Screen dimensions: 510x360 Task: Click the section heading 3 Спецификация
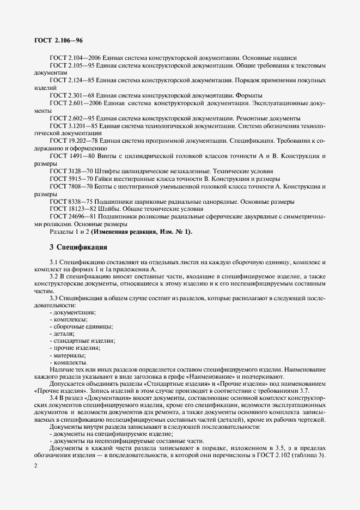(79, 247)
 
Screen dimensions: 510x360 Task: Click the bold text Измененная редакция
(121, 231)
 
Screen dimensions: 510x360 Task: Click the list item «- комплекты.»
(68, 362)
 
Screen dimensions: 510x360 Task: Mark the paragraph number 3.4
(54, 399)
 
